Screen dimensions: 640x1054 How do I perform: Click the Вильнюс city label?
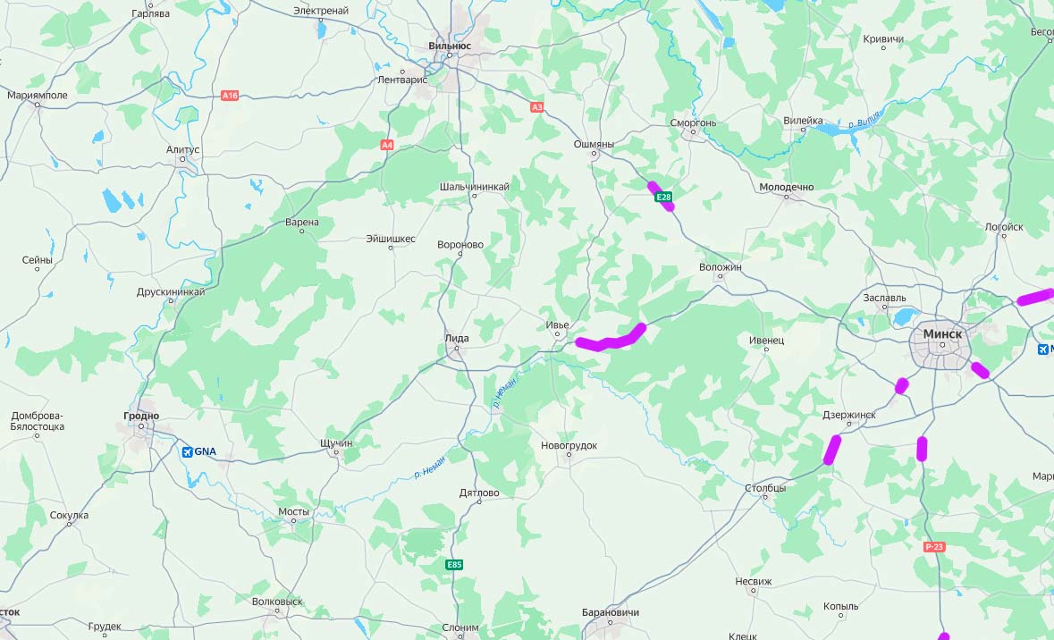(450, 46)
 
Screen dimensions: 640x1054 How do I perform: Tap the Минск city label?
(942, 333)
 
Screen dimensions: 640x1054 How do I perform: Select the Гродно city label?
(141, 416)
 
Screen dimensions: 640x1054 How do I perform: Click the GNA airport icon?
(187, 452)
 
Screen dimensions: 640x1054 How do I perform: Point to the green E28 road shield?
(662, 197)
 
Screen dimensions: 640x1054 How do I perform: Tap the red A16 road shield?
(230, 95)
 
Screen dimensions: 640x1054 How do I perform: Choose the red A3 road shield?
(536, 107)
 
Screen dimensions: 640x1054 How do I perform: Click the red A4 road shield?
(387, 145)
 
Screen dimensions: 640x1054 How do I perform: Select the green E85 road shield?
(455, 565)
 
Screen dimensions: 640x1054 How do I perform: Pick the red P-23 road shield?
(934, 546)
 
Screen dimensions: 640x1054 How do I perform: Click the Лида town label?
(456, 338)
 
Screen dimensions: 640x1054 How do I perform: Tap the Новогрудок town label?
(569, 445)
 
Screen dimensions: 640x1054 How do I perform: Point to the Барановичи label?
(610, 612)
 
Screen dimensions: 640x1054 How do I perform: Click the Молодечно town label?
(786, 187)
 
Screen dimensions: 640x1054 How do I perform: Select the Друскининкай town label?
(171, 291)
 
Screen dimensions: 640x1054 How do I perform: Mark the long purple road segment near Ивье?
(611, 340)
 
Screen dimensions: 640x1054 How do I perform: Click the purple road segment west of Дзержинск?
(832, 449)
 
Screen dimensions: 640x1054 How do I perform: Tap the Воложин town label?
(721, 266)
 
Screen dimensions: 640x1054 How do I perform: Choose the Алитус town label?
(183, 149)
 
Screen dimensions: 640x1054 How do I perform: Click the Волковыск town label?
(277, 602)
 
